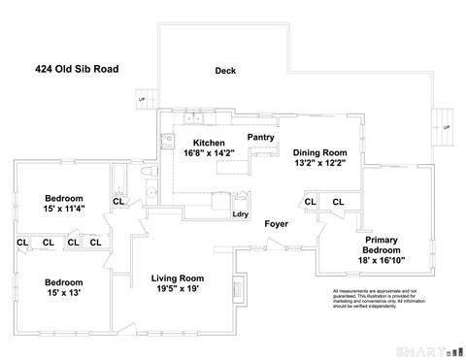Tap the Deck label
[226, 70]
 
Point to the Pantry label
[260, 138]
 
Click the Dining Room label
[320, 152]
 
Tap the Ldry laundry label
[240, 214]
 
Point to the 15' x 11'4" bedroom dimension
[63, 207]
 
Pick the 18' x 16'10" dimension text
[383, 260]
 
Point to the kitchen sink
[197, 118]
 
